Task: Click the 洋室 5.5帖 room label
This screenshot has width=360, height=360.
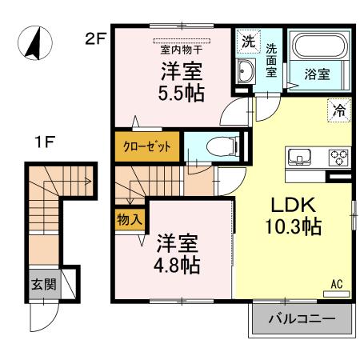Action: pos(180,82)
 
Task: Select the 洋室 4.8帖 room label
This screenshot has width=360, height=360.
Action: pos(178,251)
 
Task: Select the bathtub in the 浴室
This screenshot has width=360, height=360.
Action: pos(317,51)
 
